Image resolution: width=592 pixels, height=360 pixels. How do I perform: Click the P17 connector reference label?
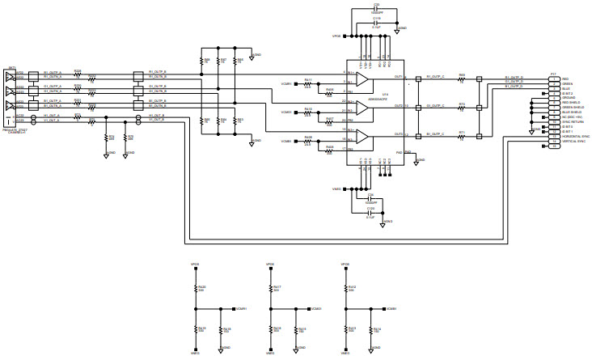[552, 74]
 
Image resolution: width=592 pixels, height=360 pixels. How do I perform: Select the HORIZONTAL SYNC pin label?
[558, 137]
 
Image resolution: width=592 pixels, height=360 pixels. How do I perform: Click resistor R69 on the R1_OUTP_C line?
[462, 79]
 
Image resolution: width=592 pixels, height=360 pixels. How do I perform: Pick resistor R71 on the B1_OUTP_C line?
[462, 135]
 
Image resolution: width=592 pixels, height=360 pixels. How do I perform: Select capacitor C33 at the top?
[376, 9]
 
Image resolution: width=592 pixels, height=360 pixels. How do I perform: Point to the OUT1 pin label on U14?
[398, 77]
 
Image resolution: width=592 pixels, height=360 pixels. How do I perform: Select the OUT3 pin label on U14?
[398, 133]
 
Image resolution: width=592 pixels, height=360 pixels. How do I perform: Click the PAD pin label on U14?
[399, 152]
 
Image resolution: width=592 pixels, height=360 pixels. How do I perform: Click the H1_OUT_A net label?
[52, 116]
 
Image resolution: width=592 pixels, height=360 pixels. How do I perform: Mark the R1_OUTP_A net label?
[53, 71]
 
